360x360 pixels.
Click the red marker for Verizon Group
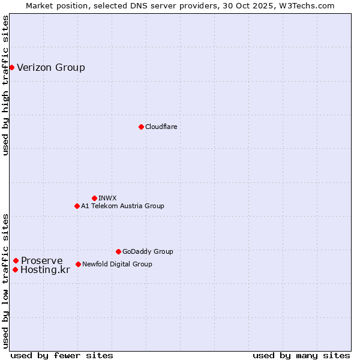click(x=11, y=67)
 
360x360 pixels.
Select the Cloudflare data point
click(x=141, y=127)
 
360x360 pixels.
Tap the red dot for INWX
click(x=94, y=198)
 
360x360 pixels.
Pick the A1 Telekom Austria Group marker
click(x=77, y=206)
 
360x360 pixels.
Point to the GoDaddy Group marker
click(x=118, y=251)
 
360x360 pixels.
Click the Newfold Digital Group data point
click(x=78, y=264)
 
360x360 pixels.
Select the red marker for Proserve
click(x=16, y=260)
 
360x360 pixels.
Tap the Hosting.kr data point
click(x=15, y=269)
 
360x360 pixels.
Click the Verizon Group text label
click(x=51, y=67)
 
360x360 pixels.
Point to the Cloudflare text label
click(x=161, y=127)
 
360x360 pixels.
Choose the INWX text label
click(x=107, y=198)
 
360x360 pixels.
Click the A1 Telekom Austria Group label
click(x=122, y=206)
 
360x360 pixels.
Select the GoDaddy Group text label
click(x=148, y=251)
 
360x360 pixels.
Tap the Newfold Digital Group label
click(x=117, y=264)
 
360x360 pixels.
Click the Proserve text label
click(x=41, y=260)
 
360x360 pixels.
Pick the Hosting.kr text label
click(x=45, y=270)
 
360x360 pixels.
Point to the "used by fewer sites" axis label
click(x=62, y=355)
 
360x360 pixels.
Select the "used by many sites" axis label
click(x=301, y=355)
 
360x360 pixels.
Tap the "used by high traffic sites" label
click(x=5, y=85)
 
